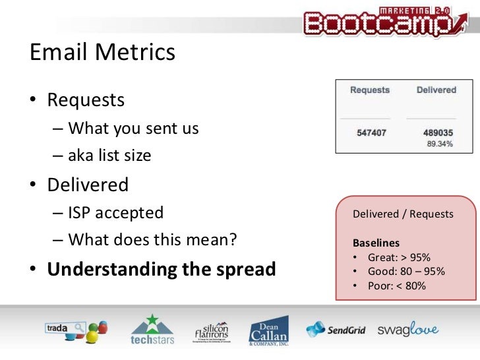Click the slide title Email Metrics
point(103,52)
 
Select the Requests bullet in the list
point(86,100)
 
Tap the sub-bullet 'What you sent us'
point(133,128)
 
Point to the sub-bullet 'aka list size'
point(109,156)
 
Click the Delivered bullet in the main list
point(88,185)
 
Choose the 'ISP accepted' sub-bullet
point(115,212)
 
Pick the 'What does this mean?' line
point(152,240)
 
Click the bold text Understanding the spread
point(162,269)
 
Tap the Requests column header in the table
point(369,90)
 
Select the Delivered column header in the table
point(436,90)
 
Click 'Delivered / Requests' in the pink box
point(403,214)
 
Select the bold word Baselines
point(376,243)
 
